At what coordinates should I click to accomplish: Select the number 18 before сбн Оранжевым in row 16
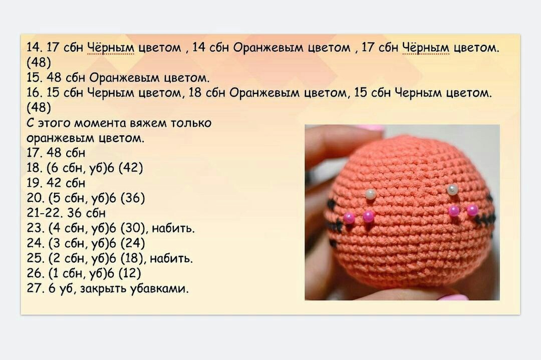(195, 93)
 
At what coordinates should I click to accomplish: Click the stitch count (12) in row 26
(130, 273)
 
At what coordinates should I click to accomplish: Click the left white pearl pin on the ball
(371, 194)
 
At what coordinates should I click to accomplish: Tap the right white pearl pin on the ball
(452, 189)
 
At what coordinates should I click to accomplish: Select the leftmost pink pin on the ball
(349, 218)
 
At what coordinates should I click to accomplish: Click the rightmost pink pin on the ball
(472, 210)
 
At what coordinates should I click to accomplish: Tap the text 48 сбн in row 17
(66, 153)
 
